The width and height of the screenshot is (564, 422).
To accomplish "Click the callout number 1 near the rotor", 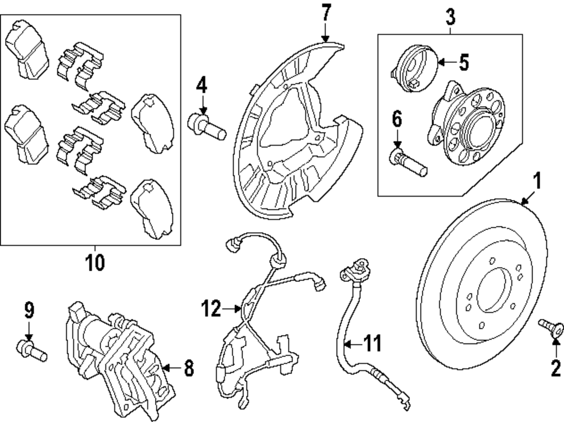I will point(537,181).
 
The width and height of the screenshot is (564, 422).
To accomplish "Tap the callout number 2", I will point(556,369).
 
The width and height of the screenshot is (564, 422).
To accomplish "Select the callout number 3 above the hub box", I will point(450,16).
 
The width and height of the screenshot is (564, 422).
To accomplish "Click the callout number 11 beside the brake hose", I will point(372,342).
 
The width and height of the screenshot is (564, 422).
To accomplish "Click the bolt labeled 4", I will point(206,125).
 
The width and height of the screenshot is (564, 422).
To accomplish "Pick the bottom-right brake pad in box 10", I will point(152,210).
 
